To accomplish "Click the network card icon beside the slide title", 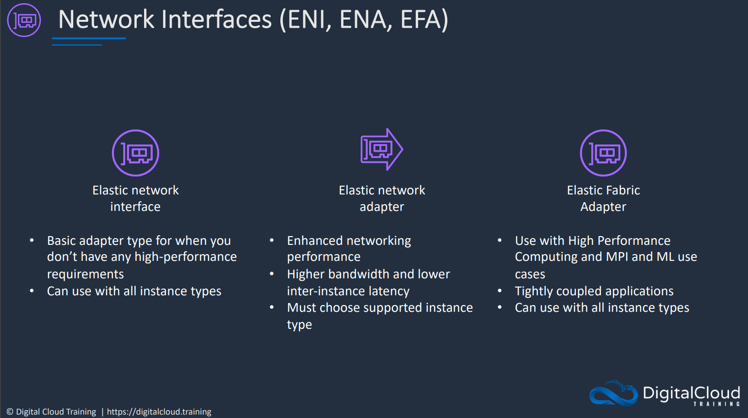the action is click(24, 20).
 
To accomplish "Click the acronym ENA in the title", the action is click(363, 19).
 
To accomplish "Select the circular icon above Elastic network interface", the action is click(135, 153).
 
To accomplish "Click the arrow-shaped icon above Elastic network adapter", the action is click(382, 149).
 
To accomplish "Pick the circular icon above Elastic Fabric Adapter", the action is click(603, 153).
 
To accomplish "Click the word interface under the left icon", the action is click(135, 207).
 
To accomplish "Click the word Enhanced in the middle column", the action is click(316, 241).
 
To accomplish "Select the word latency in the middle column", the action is click(389, 291).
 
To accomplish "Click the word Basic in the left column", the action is click(61, 241).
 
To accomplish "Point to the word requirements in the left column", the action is click(85, 274).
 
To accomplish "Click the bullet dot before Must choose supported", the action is click(272, 307).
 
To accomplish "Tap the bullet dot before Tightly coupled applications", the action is click(500, 290).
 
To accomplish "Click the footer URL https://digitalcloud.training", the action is click(159, 412).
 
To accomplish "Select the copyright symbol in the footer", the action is click(10, 412).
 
